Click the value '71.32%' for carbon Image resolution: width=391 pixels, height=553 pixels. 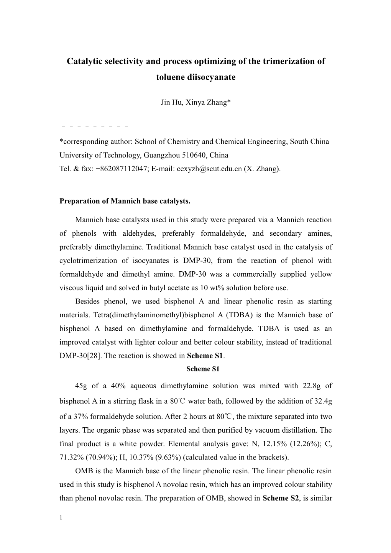[71, 457]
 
